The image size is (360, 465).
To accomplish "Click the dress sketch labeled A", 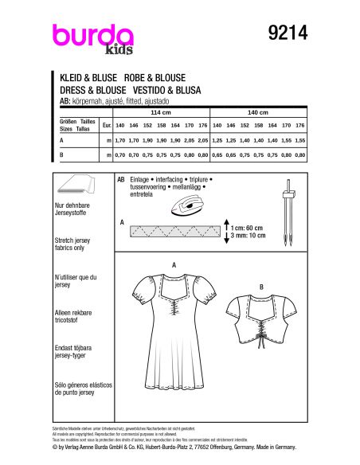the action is click(174, 342).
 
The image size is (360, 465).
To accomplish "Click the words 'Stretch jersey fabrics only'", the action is click(76, 248).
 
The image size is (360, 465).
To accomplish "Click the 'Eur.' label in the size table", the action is click(106, 126).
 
